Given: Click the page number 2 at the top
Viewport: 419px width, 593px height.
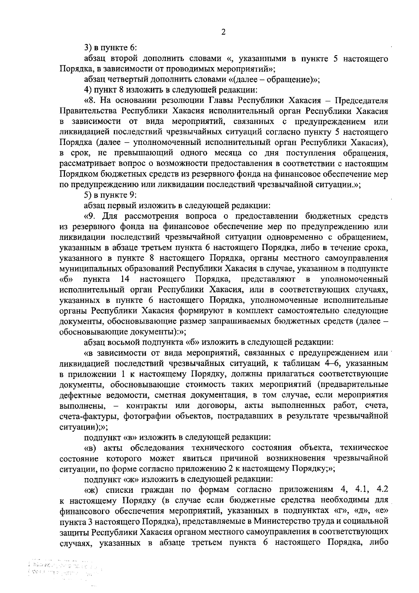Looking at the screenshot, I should click(x=223, y=32).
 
